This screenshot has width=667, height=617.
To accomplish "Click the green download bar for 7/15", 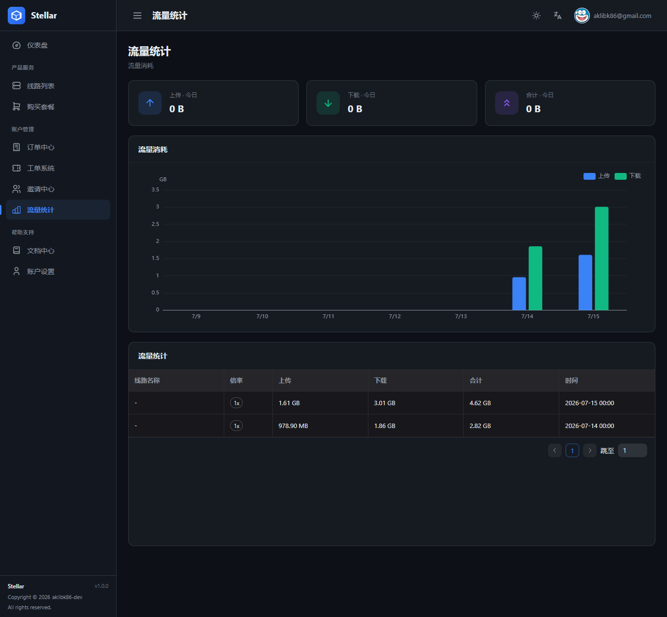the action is tap(601, 258).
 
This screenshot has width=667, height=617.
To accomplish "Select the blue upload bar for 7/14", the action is tap(519, 293).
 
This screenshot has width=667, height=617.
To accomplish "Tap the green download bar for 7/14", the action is tap(535, 278).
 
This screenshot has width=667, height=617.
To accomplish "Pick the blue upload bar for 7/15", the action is tap(585, 282).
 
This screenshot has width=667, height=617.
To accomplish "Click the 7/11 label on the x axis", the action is tap(328, 316).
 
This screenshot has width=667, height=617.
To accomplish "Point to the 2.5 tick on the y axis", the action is tap(155, 224).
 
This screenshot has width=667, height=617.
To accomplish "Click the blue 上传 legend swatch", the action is tap(589, 176).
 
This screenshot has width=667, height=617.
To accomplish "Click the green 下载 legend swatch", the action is tap(620, 176).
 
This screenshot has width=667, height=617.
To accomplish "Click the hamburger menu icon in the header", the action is tap(137, 16).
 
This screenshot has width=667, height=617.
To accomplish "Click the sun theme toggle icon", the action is tap(536, 16).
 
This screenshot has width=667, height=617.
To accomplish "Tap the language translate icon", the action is tap(557, 16).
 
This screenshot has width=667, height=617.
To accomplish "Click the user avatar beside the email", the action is tap(582, 16).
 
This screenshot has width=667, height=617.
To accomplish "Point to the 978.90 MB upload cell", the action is tap(293, 426).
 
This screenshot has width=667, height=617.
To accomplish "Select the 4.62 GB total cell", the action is tap(480, 403).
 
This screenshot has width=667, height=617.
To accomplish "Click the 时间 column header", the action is tap(571, 380).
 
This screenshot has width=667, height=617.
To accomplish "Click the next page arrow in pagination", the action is tap(590, 450).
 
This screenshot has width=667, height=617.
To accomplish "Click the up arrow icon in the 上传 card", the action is tap(150, 103).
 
